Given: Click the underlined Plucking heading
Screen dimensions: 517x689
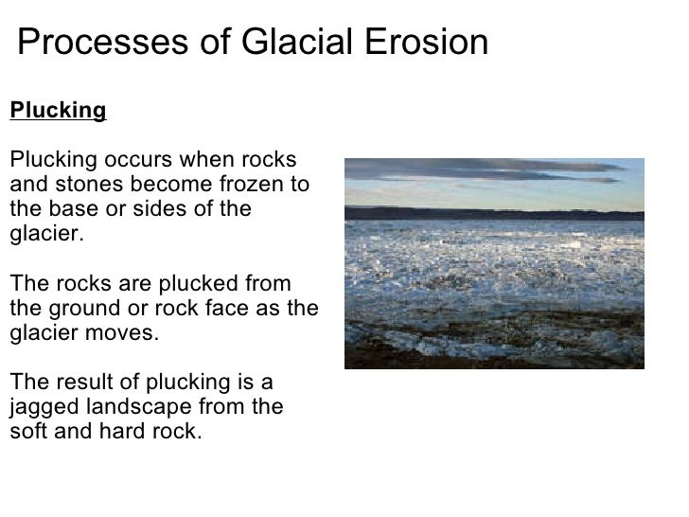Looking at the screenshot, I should [x=58, y=111].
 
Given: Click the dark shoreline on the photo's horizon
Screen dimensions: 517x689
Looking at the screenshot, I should [x=493, y=214].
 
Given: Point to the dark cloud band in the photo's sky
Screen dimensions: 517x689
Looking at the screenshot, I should [x=492, y=170].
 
